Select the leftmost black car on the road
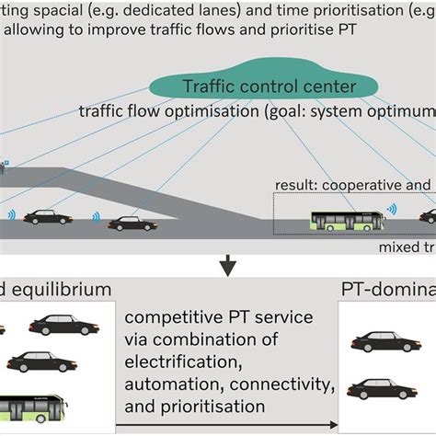(48, 217)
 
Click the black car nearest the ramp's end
(132, 223)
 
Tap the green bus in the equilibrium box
(37, 405)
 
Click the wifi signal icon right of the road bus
(392, 210)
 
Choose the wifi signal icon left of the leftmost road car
(11, 216)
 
